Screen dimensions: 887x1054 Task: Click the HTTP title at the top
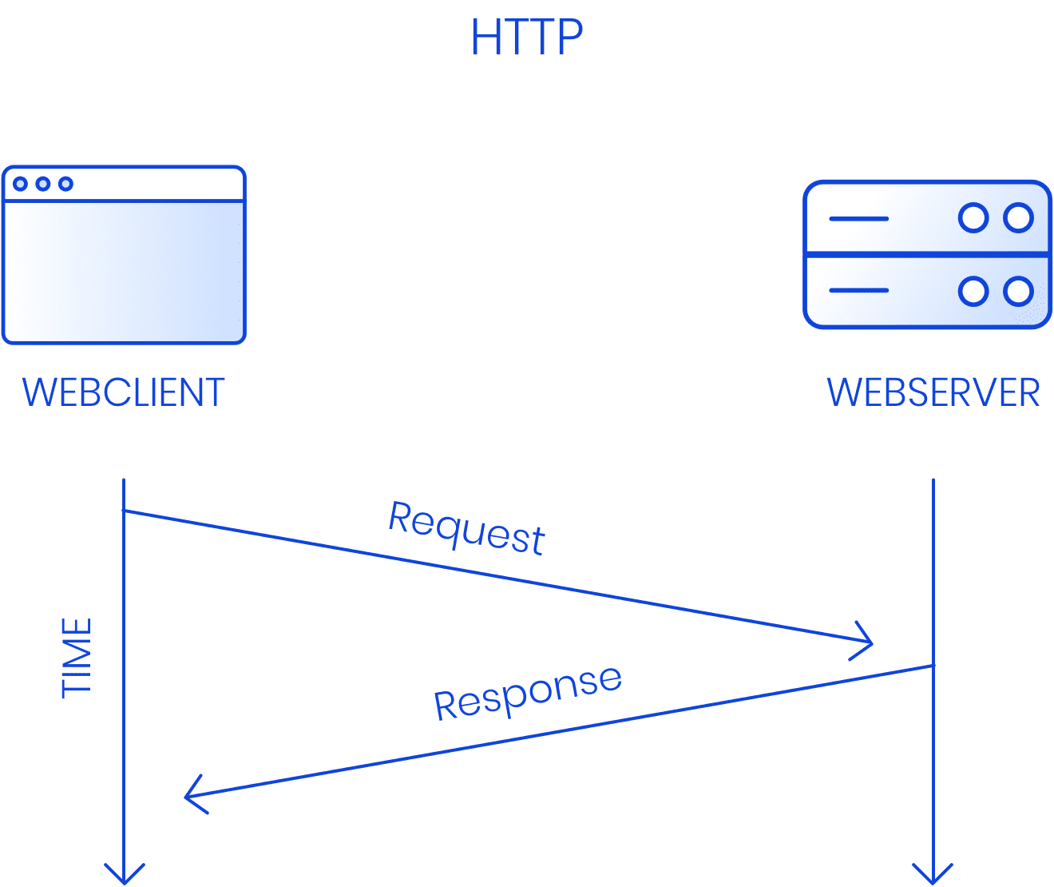click(526, 37)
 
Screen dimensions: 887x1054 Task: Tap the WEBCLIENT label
click(123, 392)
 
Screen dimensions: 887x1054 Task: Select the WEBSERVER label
click(933, 392)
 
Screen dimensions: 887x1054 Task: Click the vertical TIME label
click(77, 658)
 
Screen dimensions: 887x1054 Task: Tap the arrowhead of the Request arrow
click(867, 642)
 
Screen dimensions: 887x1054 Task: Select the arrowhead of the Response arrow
click(192, 795)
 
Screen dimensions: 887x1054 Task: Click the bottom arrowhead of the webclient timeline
click(125, 876)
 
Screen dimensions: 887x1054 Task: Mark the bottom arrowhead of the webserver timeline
click(933, 876)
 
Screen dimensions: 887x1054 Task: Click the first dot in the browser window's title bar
click(21, 184)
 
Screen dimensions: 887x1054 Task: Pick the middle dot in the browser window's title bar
click(43, 184)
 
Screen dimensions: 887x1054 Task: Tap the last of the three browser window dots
click(65, 184)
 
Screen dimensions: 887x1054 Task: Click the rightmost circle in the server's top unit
click(1018, 217)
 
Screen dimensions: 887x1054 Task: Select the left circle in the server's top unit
click(973, 217)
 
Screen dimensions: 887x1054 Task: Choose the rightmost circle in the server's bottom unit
click(1018, 291)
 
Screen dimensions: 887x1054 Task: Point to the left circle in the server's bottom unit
click(973, 291)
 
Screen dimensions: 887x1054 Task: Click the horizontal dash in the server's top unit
click(859, 218)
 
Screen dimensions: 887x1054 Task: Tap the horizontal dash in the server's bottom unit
click(859, 290)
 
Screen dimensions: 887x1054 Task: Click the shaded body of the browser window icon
click(124, 272)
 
